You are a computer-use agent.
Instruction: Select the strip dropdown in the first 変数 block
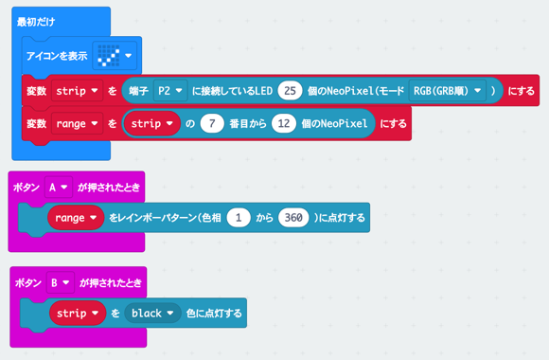tap(78, 91)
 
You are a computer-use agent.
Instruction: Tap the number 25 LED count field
tap(290, 91)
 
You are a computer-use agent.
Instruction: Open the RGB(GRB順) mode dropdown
tap(448, 91)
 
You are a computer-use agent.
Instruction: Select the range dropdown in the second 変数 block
tap(78, 123)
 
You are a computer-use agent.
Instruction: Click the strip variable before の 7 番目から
tap(152, 123)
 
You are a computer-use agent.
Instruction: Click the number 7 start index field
tap(214, 123)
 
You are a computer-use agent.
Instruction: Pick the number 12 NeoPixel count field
tap(285, 123)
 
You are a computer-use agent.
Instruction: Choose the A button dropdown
tap(58, 188)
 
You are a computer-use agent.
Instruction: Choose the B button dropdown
tap(60, 282)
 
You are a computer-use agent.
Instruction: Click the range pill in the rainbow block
tap(76, 218)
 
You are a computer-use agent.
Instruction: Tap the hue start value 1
tap(240, 218)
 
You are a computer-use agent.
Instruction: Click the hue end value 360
tap(293, 218)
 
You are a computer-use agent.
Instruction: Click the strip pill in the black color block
tap(78, 313)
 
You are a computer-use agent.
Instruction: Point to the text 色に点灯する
tap(213, 313)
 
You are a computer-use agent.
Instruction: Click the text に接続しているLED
tap(233, 91)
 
